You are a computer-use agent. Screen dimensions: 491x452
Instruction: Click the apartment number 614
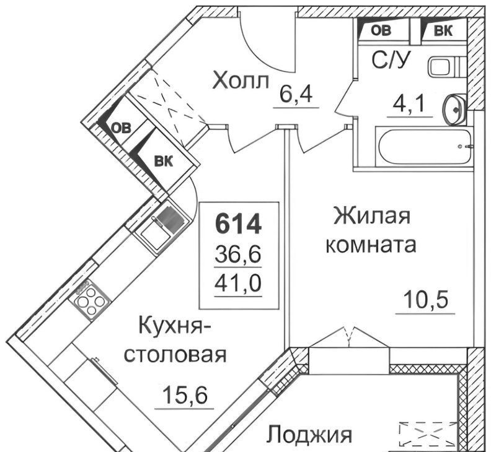238,224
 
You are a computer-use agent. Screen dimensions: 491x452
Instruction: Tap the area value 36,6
238,255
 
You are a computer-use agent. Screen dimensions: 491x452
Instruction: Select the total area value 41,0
238,284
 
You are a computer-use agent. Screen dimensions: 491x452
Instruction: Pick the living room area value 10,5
425,299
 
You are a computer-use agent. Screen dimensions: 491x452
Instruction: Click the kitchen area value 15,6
185,396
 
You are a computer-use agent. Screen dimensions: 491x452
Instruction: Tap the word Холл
241,80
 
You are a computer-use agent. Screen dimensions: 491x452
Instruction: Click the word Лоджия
310,435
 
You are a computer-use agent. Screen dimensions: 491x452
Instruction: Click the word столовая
175,355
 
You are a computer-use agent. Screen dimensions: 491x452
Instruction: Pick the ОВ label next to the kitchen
122,128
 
